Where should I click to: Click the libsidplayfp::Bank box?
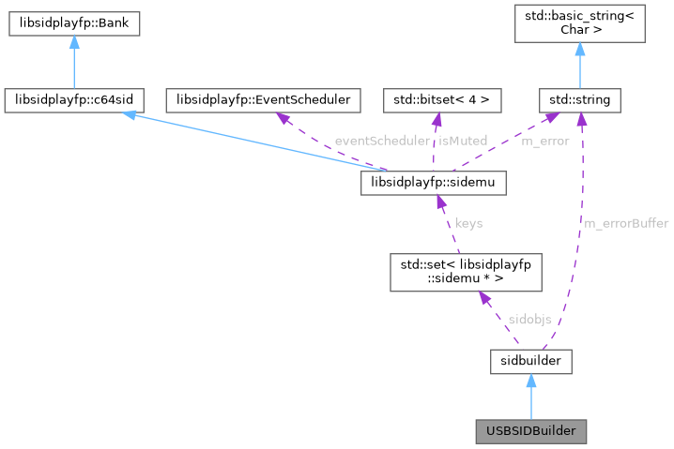coord(74,24)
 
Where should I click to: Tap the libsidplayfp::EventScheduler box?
coord(258,97)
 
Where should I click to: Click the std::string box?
coord(580,97)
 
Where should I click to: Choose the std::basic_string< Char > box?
coord(580,24)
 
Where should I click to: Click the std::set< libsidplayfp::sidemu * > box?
coord(467,273)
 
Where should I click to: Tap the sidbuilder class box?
coord(531,359)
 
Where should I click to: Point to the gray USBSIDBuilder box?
coord(531,431)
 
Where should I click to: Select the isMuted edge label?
coord(463,141)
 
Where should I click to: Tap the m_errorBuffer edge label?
coord(626,223)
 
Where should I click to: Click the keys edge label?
coord(468,223)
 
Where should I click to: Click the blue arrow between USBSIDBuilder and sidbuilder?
coord(531,396)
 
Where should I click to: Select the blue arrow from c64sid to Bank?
coord(74,62)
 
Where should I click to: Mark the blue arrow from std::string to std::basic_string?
coord(580,63)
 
